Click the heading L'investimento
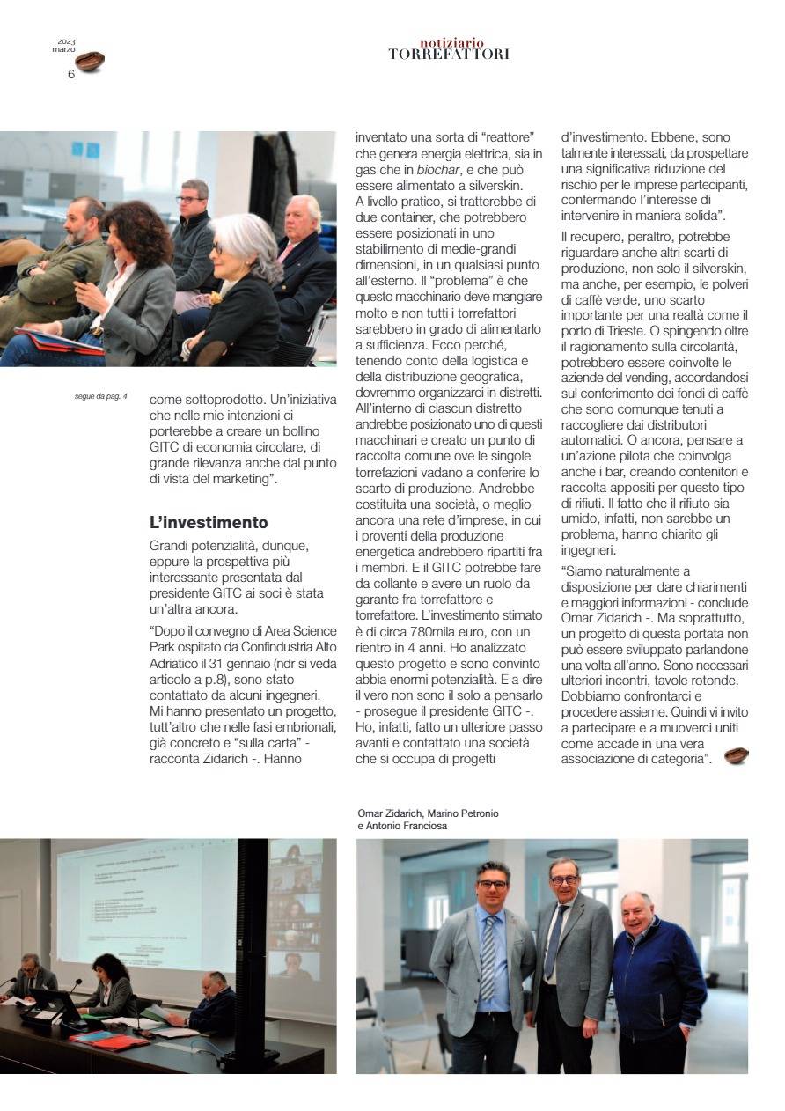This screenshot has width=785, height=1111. click(209, 523)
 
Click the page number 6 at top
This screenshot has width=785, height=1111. click(70, 74)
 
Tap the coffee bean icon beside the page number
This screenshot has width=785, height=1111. click(90, 62)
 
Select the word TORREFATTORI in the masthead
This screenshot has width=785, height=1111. click(449, 55)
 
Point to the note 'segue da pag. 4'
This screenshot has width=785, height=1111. click(101, 397)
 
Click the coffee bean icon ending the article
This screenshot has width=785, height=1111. click(736, 755)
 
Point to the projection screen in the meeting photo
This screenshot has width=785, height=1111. click(145, 902)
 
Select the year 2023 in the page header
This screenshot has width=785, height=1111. click(66, 41)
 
